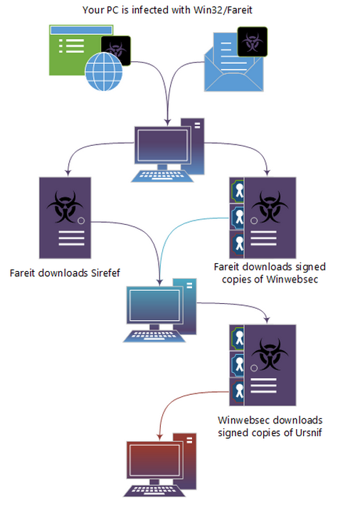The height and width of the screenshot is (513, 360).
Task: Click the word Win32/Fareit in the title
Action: pyautogui.click(x=223, y=10)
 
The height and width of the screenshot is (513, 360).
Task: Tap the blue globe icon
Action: pyautogui.click(x=104, y=72)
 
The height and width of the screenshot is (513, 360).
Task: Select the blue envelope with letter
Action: pyautogui.click(x=233, y=62)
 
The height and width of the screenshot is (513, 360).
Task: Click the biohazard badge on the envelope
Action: pyautogui.click(x=253, y=41)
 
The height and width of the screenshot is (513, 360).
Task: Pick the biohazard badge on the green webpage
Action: pyautogui.click(x=116, y=51)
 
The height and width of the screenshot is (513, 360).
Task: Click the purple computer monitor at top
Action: pyautogui.click(x=163, y=146)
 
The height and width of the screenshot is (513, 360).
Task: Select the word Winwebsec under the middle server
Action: pyautogui.click(x=292, y=280)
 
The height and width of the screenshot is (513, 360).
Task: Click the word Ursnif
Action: pyautogui.click(x=308, y=433)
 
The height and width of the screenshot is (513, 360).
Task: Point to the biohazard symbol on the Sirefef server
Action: pyautogui.click(x=65, y=206)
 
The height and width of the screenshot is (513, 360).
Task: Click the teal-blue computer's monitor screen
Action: pyautogui.click(x=154, y=305)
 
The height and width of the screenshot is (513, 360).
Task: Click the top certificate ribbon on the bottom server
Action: pyautogui.click(x=238, y=338)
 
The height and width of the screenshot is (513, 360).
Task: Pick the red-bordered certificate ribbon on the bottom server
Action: pyautogui.click(x=238, y=392)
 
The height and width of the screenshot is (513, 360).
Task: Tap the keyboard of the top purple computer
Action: pyautogui.click(x=162, y=176)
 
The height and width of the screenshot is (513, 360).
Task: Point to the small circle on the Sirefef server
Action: pyautogui.click(x=81, y=221)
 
